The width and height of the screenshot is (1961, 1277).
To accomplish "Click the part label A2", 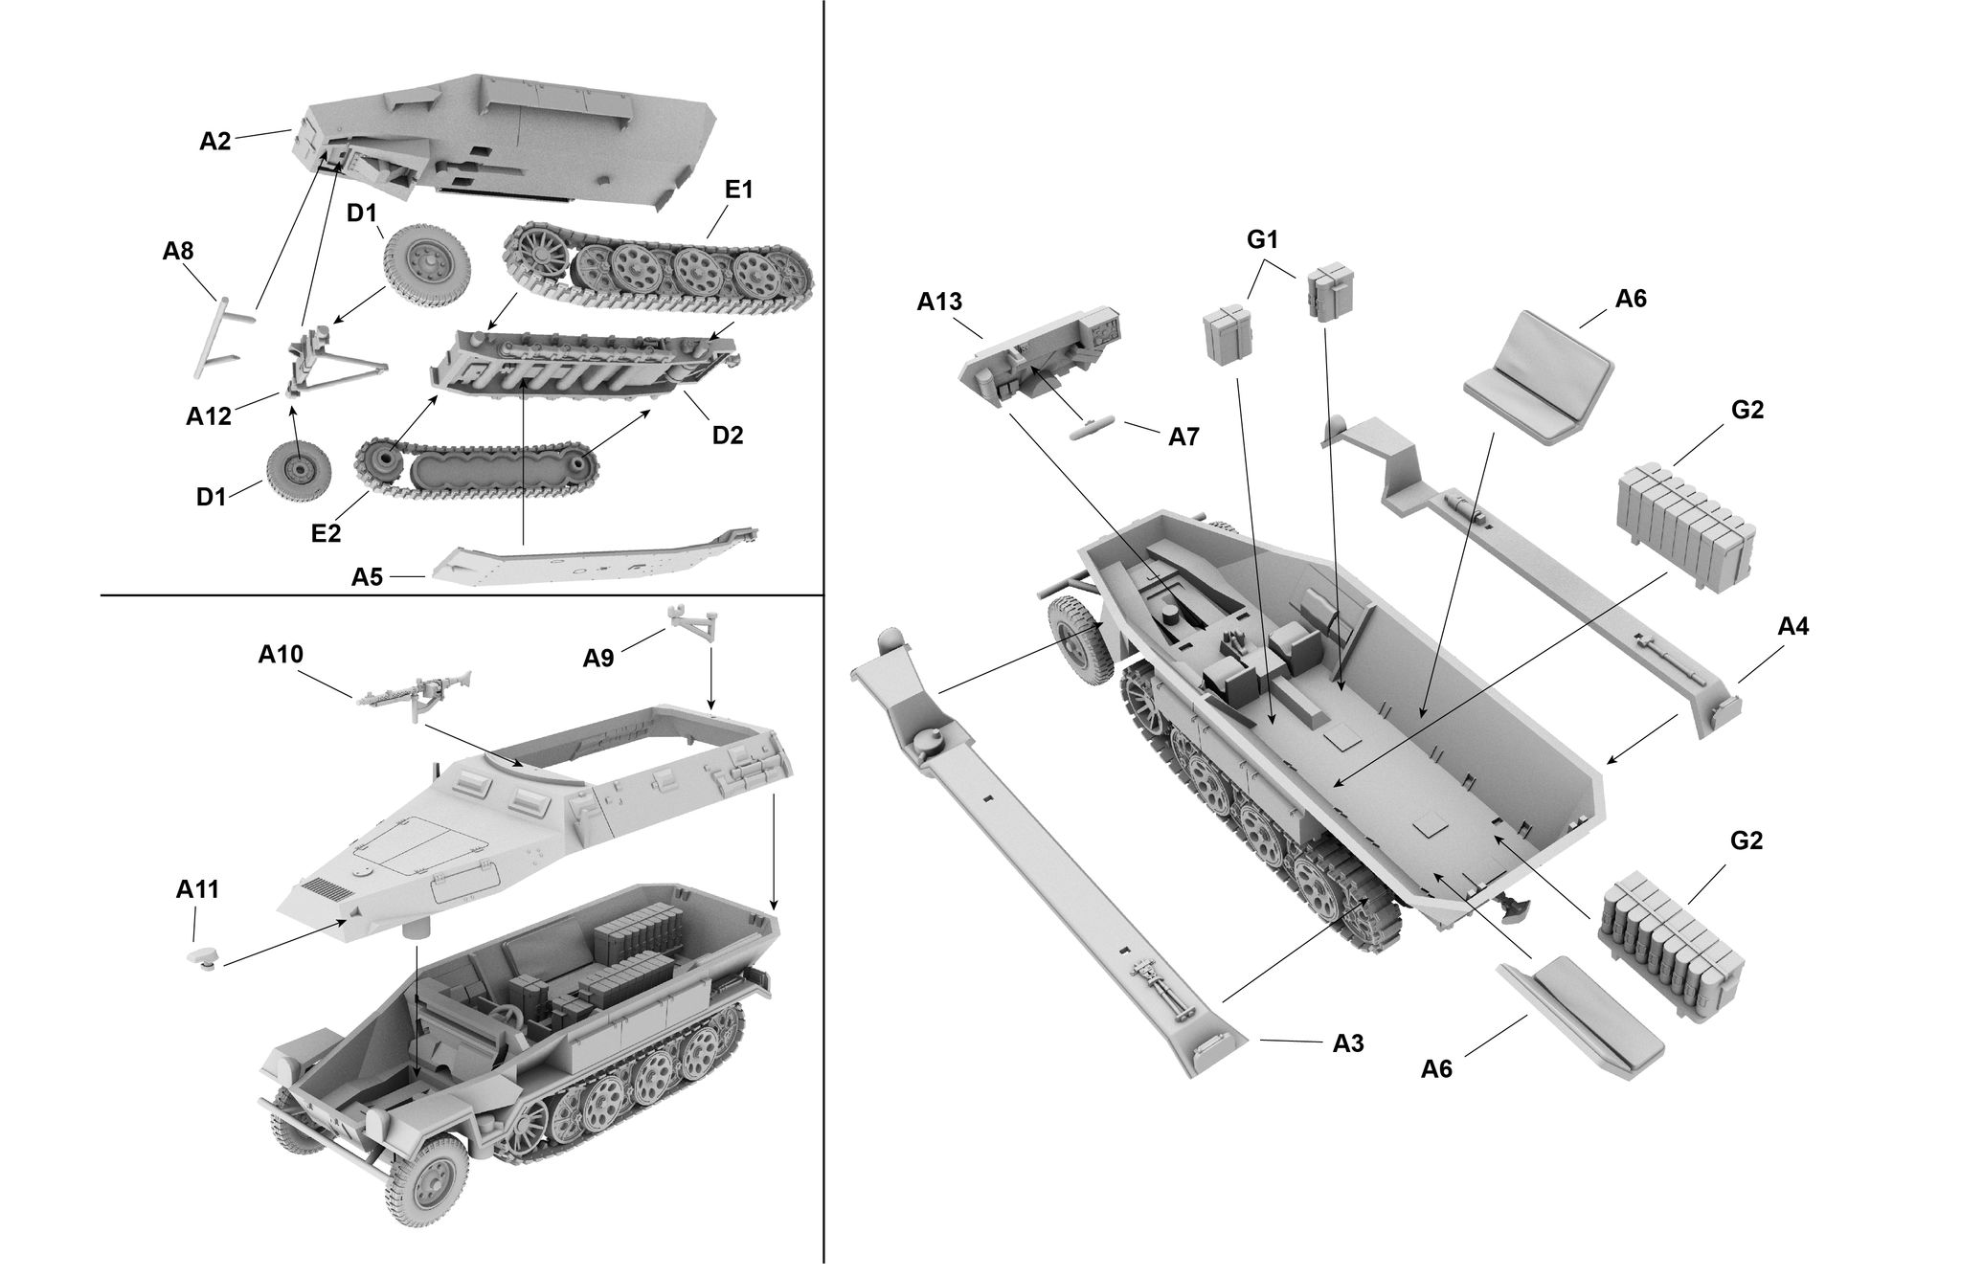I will [x=214, y=142].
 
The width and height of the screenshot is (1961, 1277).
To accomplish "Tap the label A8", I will [x=178, y=252].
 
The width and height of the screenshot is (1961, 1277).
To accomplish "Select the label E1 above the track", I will [x=738, y=190].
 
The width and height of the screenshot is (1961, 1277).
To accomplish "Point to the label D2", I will [x=727, y=435].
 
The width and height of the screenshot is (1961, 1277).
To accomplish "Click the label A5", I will [x=367, y=576].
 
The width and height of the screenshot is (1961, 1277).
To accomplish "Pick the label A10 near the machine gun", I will [x=281, y=655].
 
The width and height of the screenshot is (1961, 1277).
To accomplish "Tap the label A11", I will [x=197, y=889].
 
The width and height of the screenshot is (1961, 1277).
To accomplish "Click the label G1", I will [x=1263, y=240].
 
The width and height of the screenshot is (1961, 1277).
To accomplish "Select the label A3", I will [x=1348, y=1043].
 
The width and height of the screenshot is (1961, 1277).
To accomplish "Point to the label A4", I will [x=1792, y=627].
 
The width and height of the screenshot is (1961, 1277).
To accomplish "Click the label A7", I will [x=1183, y=437].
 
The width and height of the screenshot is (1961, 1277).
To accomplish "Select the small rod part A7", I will [x=1093, y=428].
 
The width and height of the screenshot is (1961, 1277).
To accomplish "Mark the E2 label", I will [x=327, y=532].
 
